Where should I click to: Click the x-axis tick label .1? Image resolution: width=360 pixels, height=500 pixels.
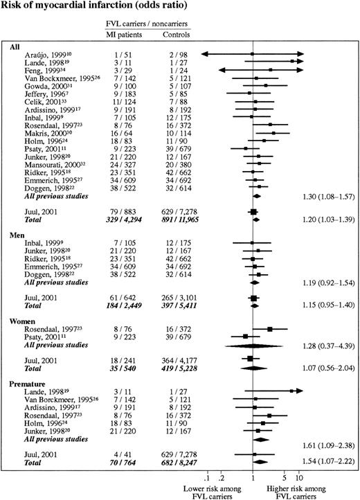[207, 476]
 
